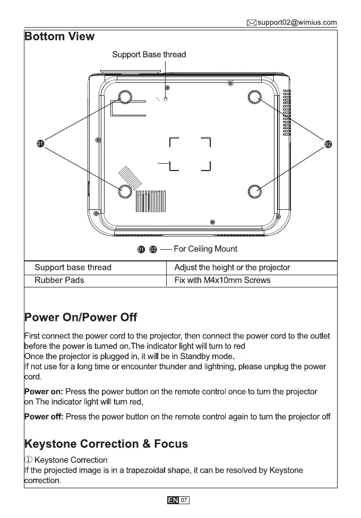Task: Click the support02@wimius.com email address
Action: (x=297, y=22)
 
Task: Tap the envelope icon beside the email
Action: (x=252, y=22)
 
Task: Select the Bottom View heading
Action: (x=59, y=37)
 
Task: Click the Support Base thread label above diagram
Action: (x=149, y=54)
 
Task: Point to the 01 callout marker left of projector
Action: (x=39, y=144)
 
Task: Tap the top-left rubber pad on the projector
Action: (x=125, y=97)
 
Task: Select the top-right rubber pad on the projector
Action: (x=255, y=97)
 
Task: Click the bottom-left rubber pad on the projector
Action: (x=125, y=191)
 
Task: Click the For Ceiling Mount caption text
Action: (x=205, y=249)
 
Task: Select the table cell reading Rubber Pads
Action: (x=59, y=280)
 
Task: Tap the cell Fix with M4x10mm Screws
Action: (x=222, y=280)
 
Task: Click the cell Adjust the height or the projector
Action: (x=232, y=267)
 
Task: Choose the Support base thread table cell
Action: (x=73, y=267)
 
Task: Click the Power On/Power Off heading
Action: (x=81, y=318)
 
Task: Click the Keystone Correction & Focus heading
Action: (x=106, y=444)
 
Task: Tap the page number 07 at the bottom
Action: (x=184, y=500)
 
